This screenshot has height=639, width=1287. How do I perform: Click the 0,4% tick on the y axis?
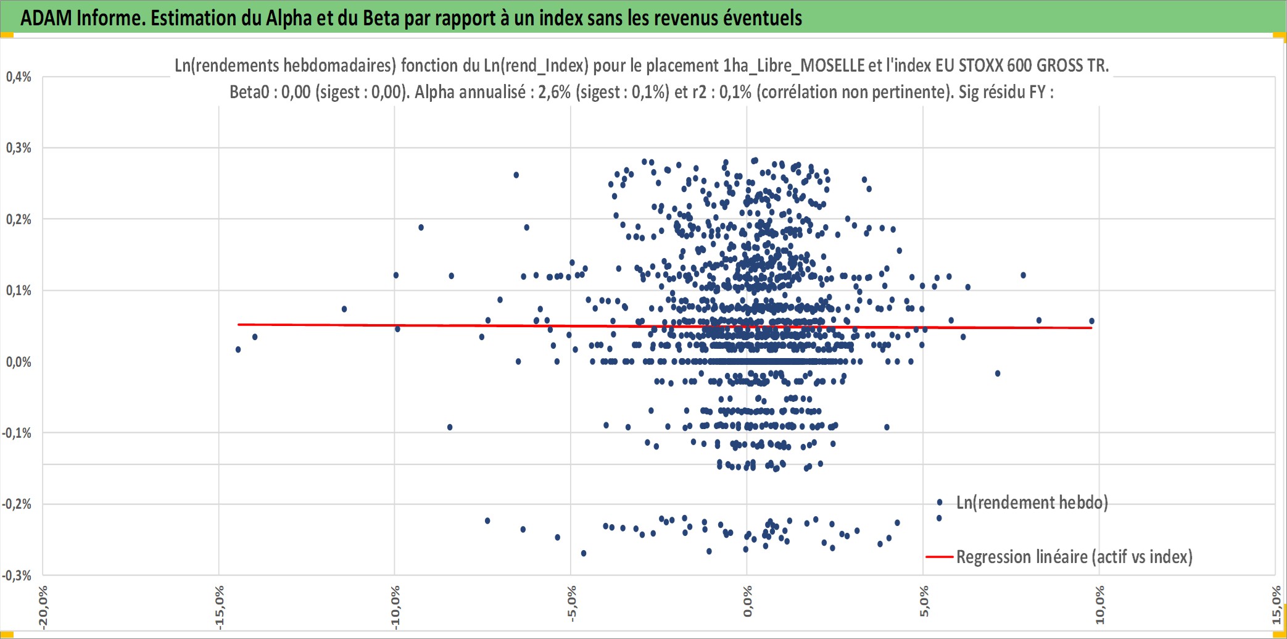coord(19,77)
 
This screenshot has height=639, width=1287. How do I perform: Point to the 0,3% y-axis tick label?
coord(19,148)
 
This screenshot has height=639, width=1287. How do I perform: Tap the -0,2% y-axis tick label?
coord(17,504)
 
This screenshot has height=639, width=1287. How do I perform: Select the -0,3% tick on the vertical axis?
coord(17,576)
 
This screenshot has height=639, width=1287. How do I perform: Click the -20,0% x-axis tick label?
coord(43,608)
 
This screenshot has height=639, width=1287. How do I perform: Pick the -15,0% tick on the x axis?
coord(219,608)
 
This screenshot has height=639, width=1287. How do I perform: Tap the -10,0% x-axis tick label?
coord(395,608)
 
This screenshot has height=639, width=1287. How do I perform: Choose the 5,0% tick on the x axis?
coord(924,601)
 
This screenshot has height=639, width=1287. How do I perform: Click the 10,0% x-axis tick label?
coord(1099,605)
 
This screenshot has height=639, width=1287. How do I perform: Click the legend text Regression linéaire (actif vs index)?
coord(1074,557)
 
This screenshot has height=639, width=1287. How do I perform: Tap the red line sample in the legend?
coord(939,557)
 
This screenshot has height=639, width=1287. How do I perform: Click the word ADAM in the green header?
coord(46,18)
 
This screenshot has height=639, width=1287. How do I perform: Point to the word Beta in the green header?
coord(381,18)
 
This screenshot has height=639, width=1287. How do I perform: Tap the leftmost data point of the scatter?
coord(238,350)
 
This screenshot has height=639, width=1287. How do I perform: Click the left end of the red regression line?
coord(238,324)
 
